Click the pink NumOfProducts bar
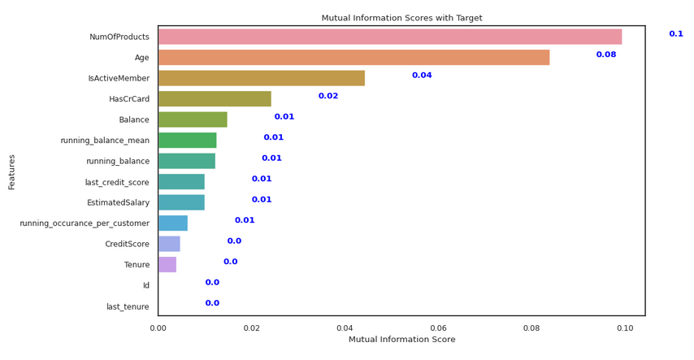pyautogui.click(x=390, y=37)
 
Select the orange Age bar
pyautogui.click(x=354, y=58)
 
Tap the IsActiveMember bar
pyautogui.click(x=262, y=78)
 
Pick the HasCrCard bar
pyautogui.click(x=215, y=99)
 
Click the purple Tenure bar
pyautogui.click(x=167, y=265)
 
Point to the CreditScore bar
pyautogui.click(x=169, y=244)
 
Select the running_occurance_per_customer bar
pyautogui.click(x=173, y=223)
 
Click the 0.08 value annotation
pyautogui.click(x=606, y=54)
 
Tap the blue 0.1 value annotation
pyautogui.click(x=676, y=33)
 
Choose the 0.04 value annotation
pyautogui.click(x=422, y=76)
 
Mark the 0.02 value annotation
pyautogui.click(x=328, y=96)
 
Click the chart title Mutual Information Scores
pyautogui.click(x=402, y=18)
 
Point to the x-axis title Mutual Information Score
pyautogui.click(x=402, y=339)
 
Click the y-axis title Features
pyautogui.click(x=11, y=172)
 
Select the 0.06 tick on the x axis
pyautogui.click(x=438, y=328)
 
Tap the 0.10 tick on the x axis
pyautogui.click(x=625, y=328)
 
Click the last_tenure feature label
pyautogui.click(x=128, y=306)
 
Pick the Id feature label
pyautogui.click(x=146, y=285)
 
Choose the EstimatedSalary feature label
pyautogui.click(x=118, y=202)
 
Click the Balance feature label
pyautogui.click(x=134, y=119)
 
